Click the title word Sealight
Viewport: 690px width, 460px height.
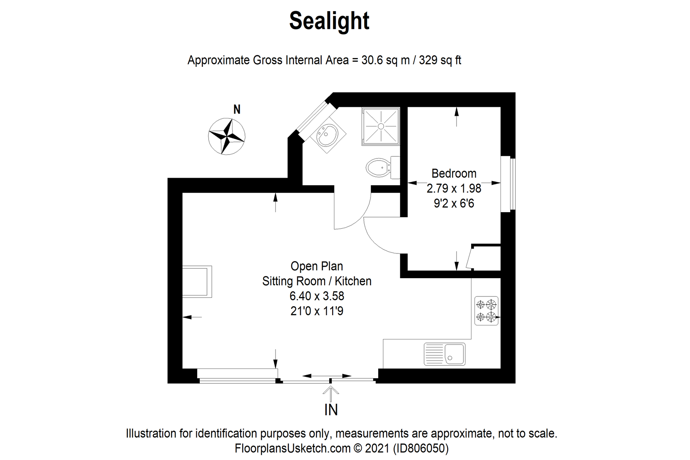[329, 21]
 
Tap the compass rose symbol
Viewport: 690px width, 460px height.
[227, 136]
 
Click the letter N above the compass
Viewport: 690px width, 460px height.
[237, 109]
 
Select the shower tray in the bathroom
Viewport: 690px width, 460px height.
[381, 126]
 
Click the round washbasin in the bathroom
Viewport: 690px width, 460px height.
[328, 135]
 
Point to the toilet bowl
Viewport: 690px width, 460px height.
[377, 168]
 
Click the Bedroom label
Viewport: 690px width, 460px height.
[454, 173]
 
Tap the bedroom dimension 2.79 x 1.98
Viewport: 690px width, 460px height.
[454, 188]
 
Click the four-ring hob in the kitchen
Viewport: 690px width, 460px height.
[486, 310]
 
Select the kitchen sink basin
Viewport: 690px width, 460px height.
[454, 354]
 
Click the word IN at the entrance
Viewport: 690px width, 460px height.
[331, 410]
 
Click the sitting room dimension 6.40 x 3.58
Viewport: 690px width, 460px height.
[316, 296]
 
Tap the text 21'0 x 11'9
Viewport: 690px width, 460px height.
[316, 311]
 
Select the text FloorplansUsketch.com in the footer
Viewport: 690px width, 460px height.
[292, 448]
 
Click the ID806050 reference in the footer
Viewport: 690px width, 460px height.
[420, 448]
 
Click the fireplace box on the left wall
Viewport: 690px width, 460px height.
[197, 281]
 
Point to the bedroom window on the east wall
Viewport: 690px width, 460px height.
[508, 184]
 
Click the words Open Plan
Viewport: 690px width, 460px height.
[316, 266]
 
